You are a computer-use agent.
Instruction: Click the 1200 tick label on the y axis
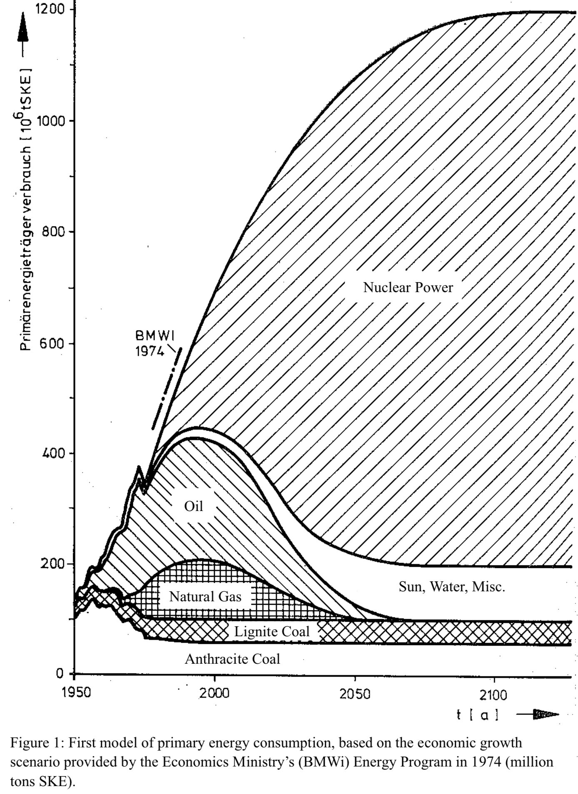[x=50, y=9]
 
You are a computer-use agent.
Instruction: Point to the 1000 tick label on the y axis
[x=50, y=121]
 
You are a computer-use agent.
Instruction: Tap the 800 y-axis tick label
[x=54, y=232]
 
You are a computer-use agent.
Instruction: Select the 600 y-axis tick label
[x=54, y=344]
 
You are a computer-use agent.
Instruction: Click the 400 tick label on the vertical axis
[x=54, y=453]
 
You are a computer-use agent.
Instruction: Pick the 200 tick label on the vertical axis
[x=54, y=564]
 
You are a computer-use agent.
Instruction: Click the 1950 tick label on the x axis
[x=75, y=693]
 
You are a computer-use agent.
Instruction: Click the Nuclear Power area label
[x=408, y=287]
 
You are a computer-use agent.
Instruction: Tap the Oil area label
[x=194, y=506]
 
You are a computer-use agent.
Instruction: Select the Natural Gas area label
[x=205, y=597]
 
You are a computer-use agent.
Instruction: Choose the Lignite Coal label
[x=272, y=631]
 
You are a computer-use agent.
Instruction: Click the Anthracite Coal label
[x=232, y=659]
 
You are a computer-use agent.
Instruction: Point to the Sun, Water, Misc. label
[x=452, y=587]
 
